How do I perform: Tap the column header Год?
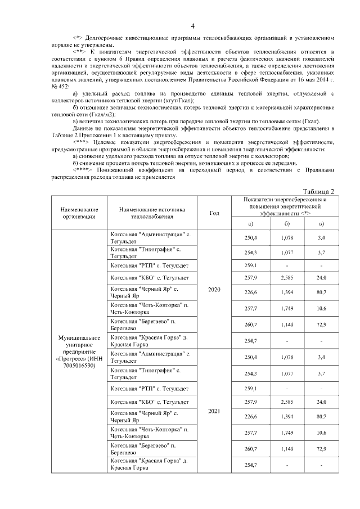coord(214,213)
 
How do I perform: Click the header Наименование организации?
coord(76,213)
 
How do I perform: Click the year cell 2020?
coord(214,290)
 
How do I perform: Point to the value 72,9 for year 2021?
coord(321,448)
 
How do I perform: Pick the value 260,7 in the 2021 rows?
coord(251,448)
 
